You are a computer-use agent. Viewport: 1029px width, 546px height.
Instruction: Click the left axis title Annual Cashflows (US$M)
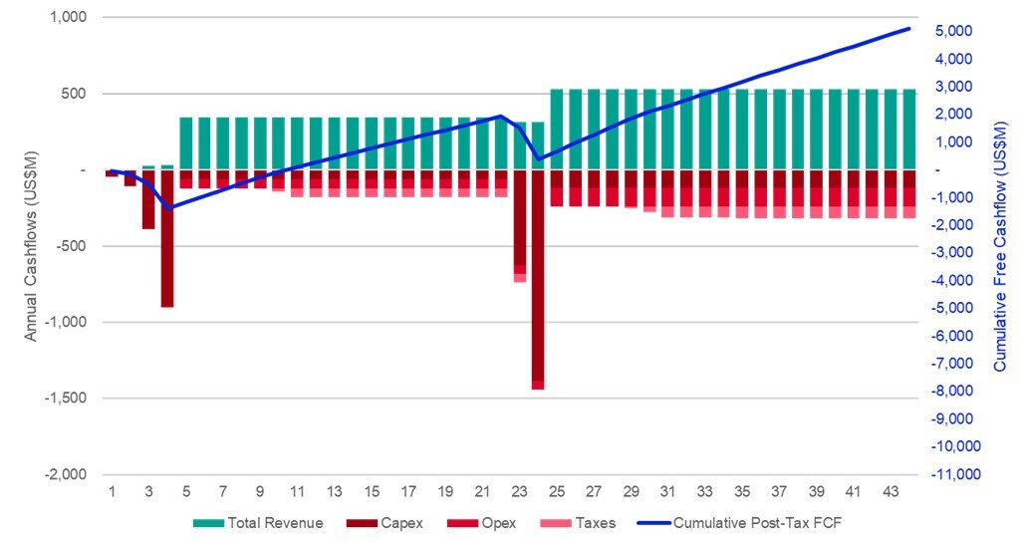(x=31, y=244)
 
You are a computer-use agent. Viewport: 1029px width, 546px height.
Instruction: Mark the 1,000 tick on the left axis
(x=67, y=18)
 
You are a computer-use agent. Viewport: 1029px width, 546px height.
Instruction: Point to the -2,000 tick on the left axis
(x=65, y=474)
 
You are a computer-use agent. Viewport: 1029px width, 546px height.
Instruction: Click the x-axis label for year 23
(x=519, y=492)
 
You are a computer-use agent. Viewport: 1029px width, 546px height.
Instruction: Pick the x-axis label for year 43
(x=890, y=492)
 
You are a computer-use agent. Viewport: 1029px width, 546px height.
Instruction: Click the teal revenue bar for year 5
(x=185, y=143)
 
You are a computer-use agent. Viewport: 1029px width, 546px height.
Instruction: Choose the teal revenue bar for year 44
(x=908, y=130)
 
